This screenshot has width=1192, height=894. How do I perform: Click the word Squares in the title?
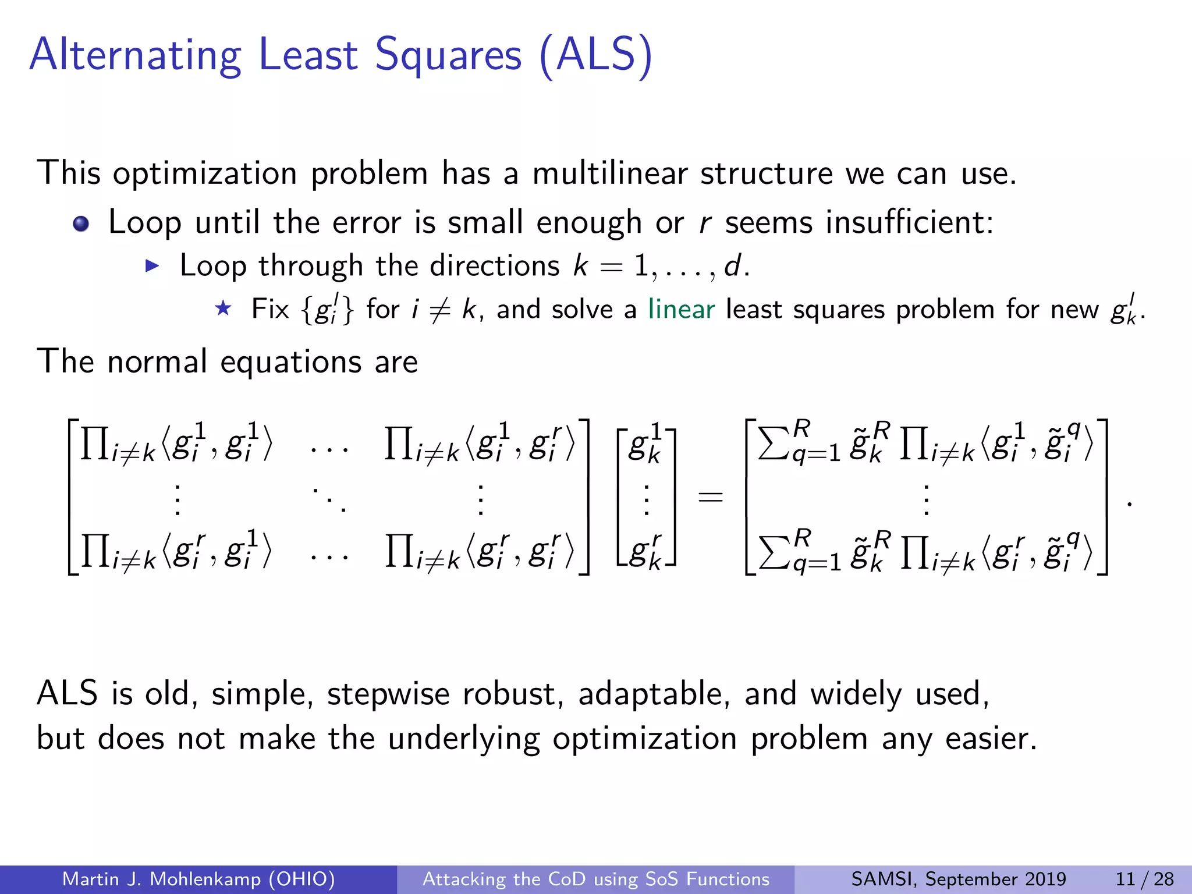click(x=448, y=55)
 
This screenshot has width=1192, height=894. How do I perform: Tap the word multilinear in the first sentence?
click(x=609, y=173)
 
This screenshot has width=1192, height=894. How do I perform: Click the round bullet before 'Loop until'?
click(x=81, y=224)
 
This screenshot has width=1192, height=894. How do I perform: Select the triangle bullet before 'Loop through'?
click(x=152, y=267)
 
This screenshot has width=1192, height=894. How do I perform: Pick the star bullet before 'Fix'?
click(x=223, y=308)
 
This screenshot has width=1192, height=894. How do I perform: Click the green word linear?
click(x=681, y=309)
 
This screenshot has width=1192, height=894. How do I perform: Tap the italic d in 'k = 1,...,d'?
click(x=732, y=266)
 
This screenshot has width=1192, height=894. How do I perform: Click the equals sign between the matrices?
click(x=710, y=496)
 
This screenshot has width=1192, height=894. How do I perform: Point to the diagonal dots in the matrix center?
click(x=329, y=499)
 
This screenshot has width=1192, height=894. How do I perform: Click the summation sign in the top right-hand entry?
click(x=772, y=445)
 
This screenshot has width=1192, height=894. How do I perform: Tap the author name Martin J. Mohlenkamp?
click(x=198, y=879)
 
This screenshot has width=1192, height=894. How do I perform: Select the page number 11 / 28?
click(x=1144, y=879)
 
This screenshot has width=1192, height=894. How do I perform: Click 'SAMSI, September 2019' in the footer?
click(x=958, y=879)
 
